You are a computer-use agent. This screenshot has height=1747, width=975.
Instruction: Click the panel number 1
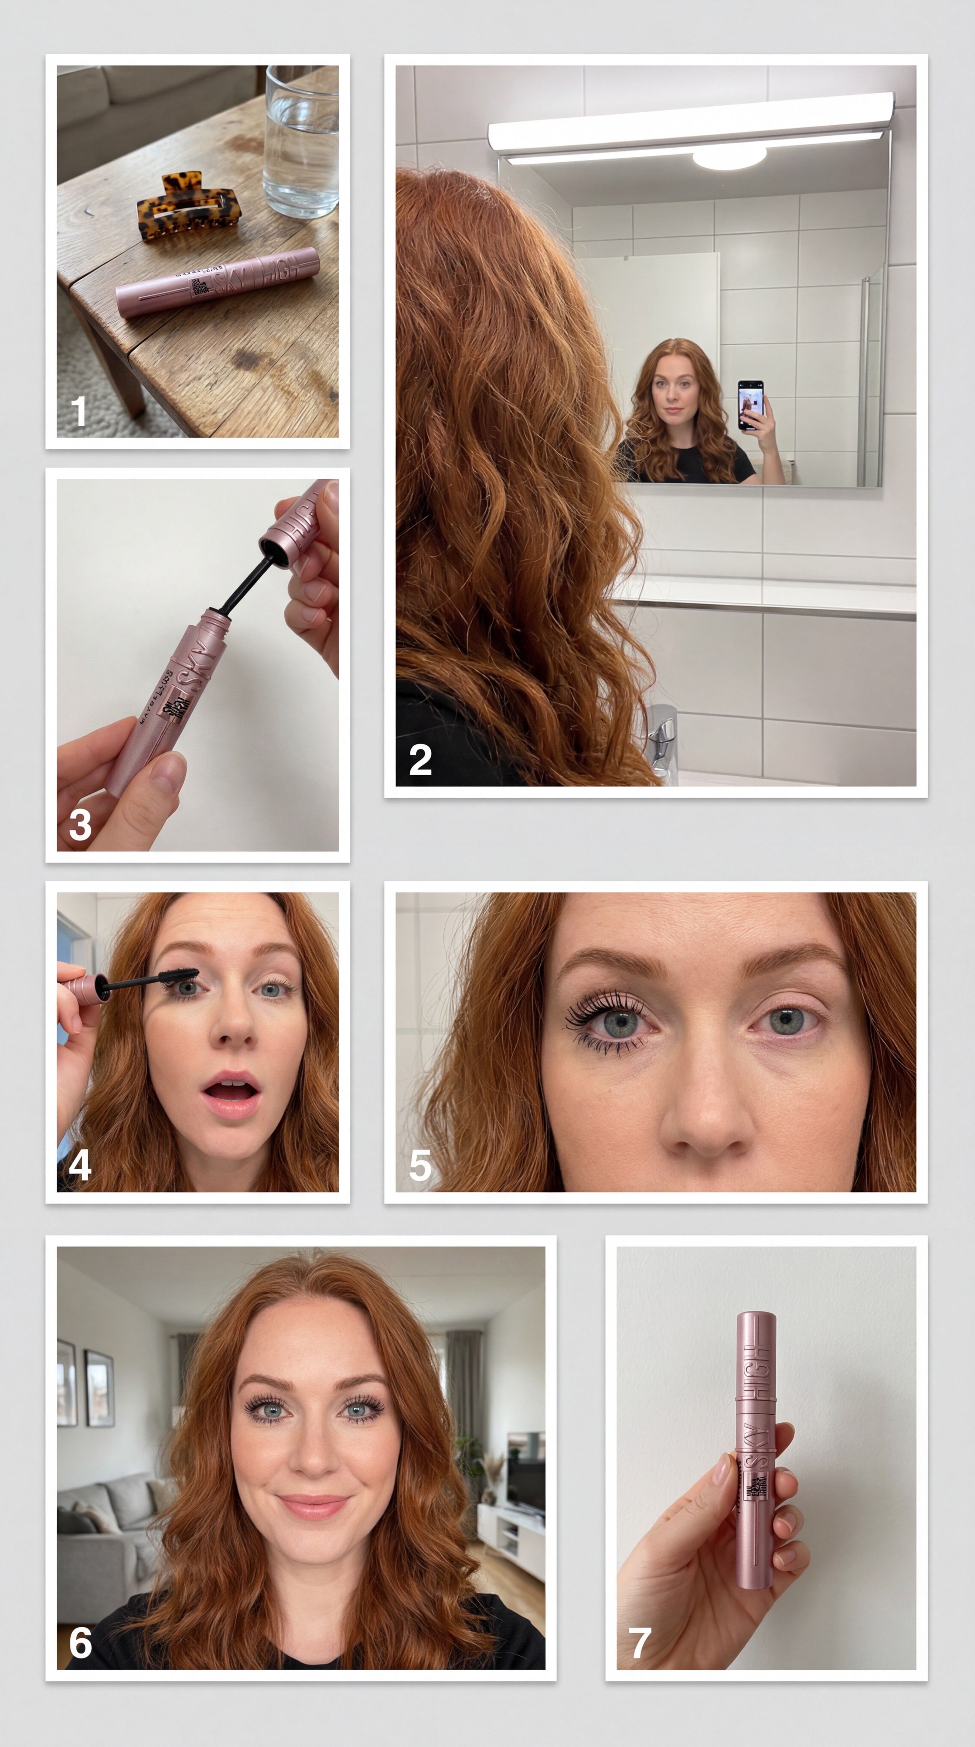tap(79, 412)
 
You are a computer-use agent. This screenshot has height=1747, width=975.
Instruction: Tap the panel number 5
tap(420, 1165)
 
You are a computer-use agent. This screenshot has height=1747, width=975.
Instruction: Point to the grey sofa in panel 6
tap(102, 1526)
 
